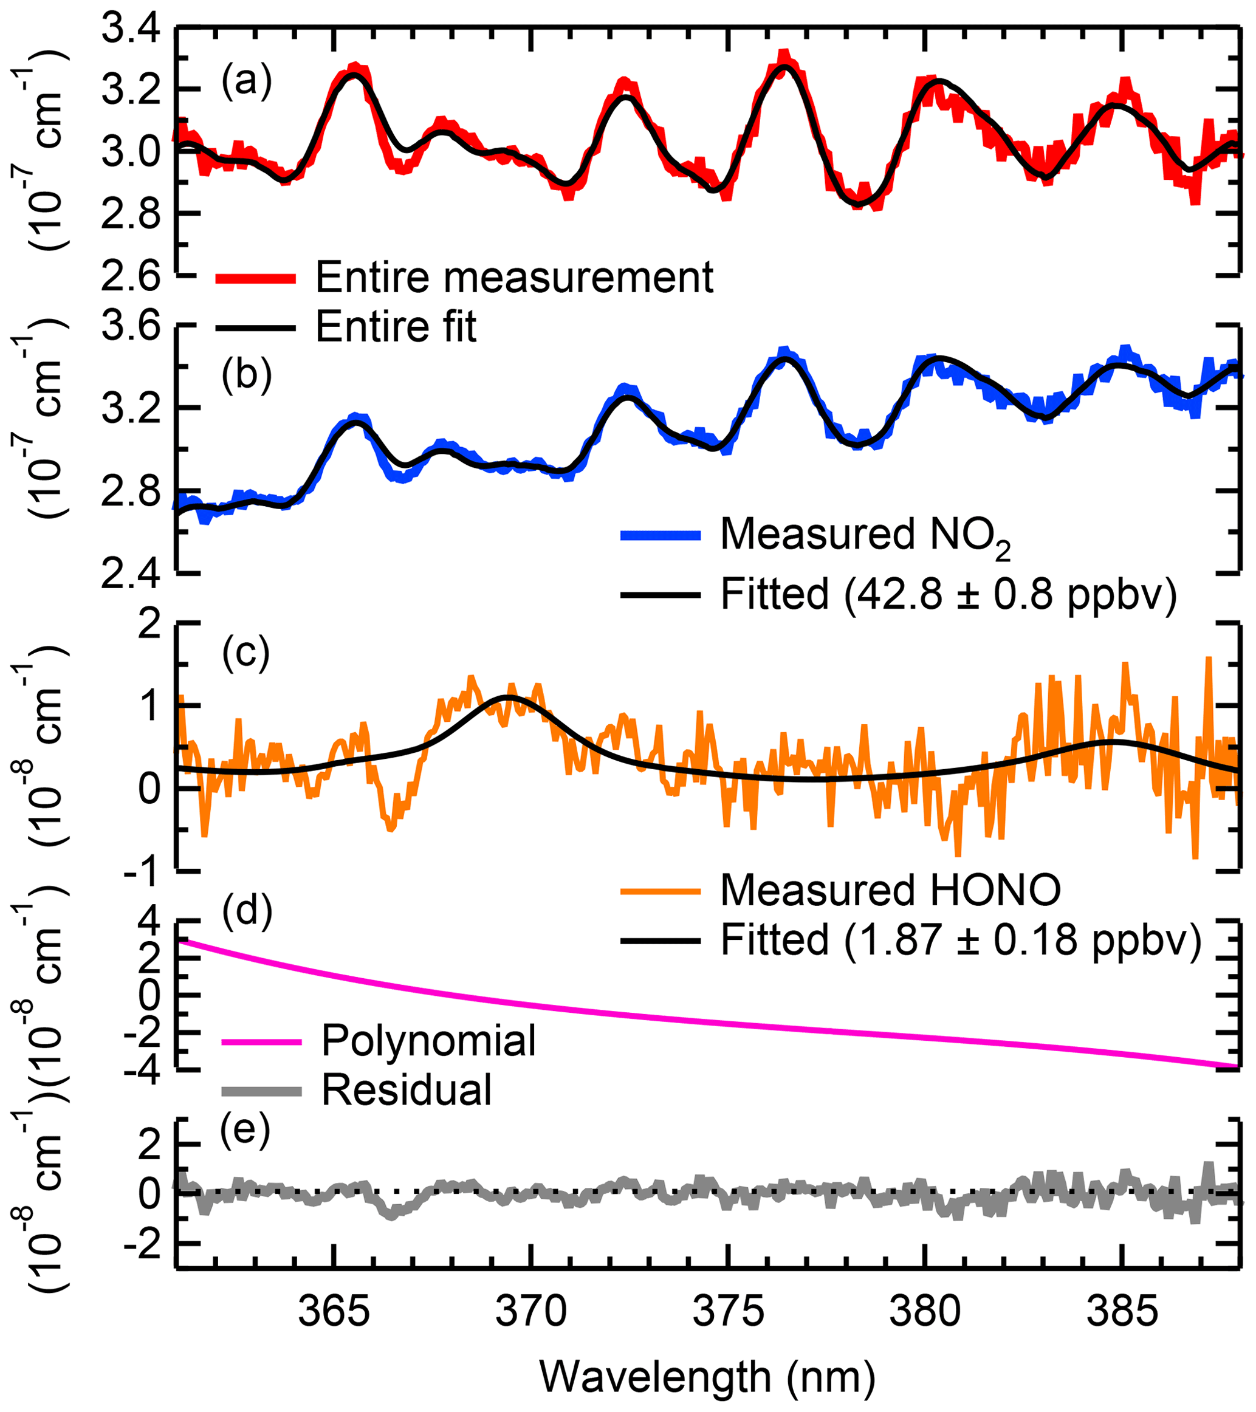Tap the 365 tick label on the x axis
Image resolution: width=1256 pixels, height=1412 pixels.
coord(334,1312)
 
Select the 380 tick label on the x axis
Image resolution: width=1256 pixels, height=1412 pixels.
coord(924,1312)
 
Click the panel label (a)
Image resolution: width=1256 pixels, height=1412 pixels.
coord(247,81)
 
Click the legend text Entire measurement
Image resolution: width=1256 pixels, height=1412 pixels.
coord(514,278)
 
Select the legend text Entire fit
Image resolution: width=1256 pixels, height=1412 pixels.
coord(396,327)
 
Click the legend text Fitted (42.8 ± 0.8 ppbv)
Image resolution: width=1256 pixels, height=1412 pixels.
coord(949,594)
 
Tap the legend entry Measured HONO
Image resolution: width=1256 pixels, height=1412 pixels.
coord(891,891)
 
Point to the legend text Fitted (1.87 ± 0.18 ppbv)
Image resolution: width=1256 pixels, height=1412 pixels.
coord(961,940)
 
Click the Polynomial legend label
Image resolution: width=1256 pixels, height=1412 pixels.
coord(428,1040)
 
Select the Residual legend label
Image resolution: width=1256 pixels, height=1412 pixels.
coord(407,1090)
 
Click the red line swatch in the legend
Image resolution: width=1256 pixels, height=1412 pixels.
coord(256,278)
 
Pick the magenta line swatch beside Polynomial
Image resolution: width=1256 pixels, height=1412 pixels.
coord(262,1041)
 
